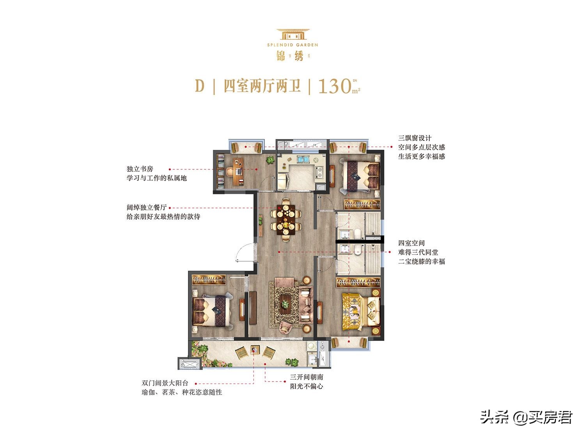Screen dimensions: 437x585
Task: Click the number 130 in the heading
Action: pyautogui.click(x=335, y=86)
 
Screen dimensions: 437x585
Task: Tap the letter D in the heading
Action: pyautogui.click(x=200, y=86)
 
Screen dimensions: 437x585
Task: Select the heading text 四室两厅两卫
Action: pyautogui.click(x=262, y=86)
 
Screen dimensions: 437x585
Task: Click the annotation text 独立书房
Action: pyautogui.click(x=140, y=169)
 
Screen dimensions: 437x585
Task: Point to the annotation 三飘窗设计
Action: pyautogui.click(x=415, y=138)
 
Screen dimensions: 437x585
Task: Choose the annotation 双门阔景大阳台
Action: pyautogui.click(x=165, y=383)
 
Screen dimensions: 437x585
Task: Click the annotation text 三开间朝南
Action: pyautogui.click(x=307, y=377)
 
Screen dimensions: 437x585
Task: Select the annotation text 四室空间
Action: pyautogui.click(x=411, y=243)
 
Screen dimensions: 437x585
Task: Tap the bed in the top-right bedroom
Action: pyautogui.click(x=360, y=176)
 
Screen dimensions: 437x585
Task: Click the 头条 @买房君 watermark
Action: pyautogui.click(x=526, y=417)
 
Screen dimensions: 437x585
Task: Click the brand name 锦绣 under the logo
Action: pyautogui.click(x=292, y=57)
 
